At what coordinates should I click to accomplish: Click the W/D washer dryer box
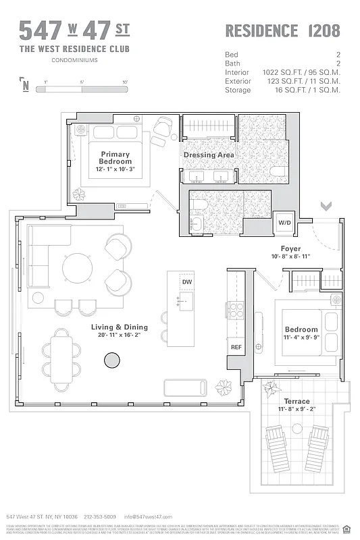tap(284, 223)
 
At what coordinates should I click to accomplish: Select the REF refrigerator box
tap(236, 347)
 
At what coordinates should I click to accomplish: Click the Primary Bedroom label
tap(115, 158)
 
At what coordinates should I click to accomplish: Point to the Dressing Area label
tap(209, 155)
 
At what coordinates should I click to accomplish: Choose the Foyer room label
tap(291, 248)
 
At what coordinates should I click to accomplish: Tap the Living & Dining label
tap(120, 327)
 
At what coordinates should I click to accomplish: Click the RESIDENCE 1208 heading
tap(282, 30)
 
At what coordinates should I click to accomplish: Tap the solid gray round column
tap(111, 362)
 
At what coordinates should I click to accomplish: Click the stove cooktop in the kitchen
tap(236, 310)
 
